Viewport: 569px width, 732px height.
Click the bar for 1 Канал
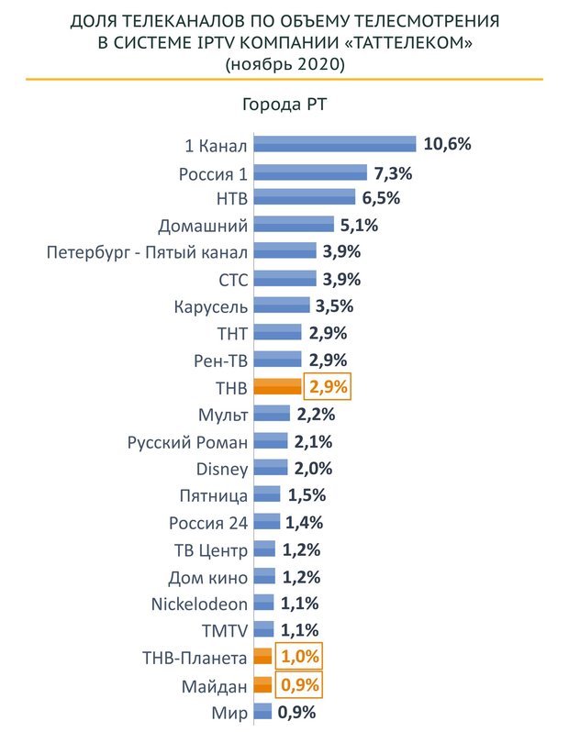click(335, 144)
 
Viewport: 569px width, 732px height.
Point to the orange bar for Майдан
click(262, 684)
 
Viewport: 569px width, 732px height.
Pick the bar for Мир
click(262, 711)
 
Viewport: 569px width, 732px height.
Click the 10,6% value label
click(448, 144)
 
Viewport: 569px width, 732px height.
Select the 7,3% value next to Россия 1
click(393, 172)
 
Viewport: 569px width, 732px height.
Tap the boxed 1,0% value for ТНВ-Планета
click(300, 658)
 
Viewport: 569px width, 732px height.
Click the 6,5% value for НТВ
click(380, 198)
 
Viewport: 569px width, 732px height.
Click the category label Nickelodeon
click(199, 604)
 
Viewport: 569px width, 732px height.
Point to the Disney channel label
click(222, 469)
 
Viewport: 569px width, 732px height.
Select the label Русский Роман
click(188, 442)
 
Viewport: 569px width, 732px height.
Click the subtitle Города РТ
click(284, 104)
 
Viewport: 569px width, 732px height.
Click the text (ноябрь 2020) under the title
click(284, 64)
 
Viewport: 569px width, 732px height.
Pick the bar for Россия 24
click(267, 523)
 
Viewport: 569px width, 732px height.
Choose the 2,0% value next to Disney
click(313, 469)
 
